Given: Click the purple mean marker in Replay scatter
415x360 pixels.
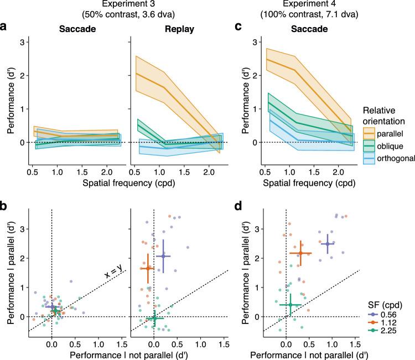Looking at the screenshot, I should tap(163, 256).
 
